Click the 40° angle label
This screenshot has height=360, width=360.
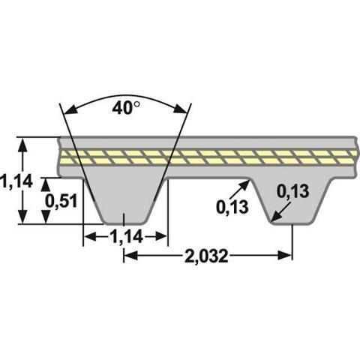(126, 108)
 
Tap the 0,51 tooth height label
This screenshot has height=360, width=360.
(61, 201)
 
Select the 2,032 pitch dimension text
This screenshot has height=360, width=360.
(206, 256)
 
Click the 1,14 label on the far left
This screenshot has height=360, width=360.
(16, 181)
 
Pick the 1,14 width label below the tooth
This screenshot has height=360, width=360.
(126, 236)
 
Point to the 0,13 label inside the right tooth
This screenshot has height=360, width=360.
(293, 191)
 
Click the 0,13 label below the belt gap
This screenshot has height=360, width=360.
(232, 207)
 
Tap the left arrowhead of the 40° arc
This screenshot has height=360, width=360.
(70, 110)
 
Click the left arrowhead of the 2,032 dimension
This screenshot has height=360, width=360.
(131, 256)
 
